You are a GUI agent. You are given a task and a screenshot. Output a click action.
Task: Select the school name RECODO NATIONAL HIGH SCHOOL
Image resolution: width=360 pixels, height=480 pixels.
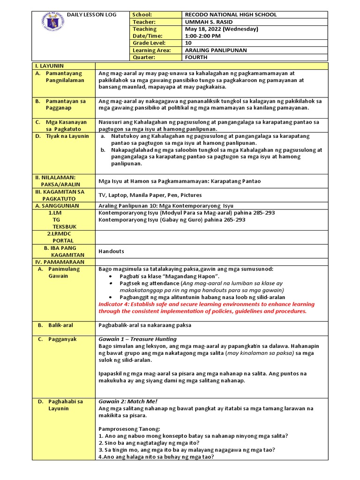[x=231, y=15]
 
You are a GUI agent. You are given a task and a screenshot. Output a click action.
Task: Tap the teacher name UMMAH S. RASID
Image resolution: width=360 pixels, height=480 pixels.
[x=209, y=22]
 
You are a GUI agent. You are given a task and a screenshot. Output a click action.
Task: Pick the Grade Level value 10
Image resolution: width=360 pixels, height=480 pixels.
[x=189, y=43]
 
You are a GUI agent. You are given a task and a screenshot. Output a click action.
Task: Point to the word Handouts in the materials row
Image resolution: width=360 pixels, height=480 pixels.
[x=111, y=251]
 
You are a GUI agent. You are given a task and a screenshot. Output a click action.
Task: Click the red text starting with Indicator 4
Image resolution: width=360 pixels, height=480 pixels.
[x=206, y=307]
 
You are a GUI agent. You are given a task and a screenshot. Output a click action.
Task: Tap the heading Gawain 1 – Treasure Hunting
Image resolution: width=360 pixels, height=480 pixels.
[x=137, y=339]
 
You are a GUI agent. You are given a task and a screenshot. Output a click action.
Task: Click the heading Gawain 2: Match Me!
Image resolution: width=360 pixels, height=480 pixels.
[x=128, y=402]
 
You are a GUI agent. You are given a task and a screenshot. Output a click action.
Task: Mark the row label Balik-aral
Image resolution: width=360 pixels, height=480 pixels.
[x=60, y=325]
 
